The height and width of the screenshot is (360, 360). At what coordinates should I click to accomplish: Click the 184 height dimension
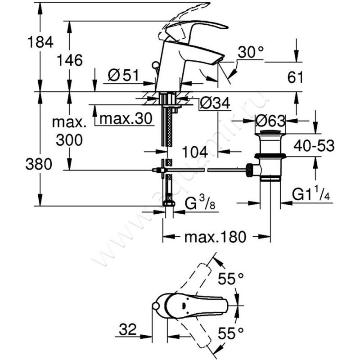coord(41,42)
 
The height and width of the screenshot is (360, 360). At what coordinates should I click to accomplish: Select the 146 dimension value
coord(70,59)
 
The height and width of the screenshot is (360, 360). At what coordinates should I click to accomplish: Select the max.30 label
coord(124,119)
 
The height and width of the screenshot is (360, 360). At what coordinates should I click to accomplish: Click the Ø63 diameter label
coord(270,121)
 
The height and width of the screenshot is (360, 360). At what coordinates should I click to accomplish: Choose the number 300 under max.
coord(69,140)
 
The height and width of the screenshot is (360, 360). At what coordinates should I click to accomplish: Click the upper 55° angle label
coord(231,279)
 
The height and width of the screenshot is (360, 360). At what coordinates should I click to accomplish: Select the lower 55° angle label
coord(231,333)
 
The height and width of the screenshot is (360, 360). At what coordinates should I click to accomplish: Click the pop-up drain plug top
coord(270,132)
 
